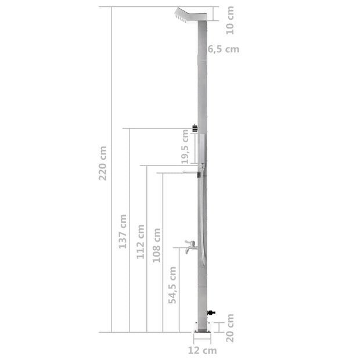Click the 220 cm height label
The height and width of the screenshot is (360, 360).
(103, 163)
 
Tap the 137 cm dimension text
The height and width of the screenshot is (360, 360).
(123, 232)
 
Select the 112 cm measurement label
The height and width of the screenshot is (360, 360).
(140, 242)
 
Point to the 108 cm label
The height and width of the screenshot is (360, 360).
(157, 245)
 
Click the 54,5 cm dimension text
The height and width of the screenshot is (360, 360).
(172, 286)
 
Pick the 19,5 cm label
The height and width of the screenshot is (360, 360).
(185, 147)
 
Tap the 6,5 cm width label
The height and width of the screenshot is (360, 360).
(223, 49)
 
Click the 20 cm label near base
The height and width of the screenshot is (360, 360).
(231, 328)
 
